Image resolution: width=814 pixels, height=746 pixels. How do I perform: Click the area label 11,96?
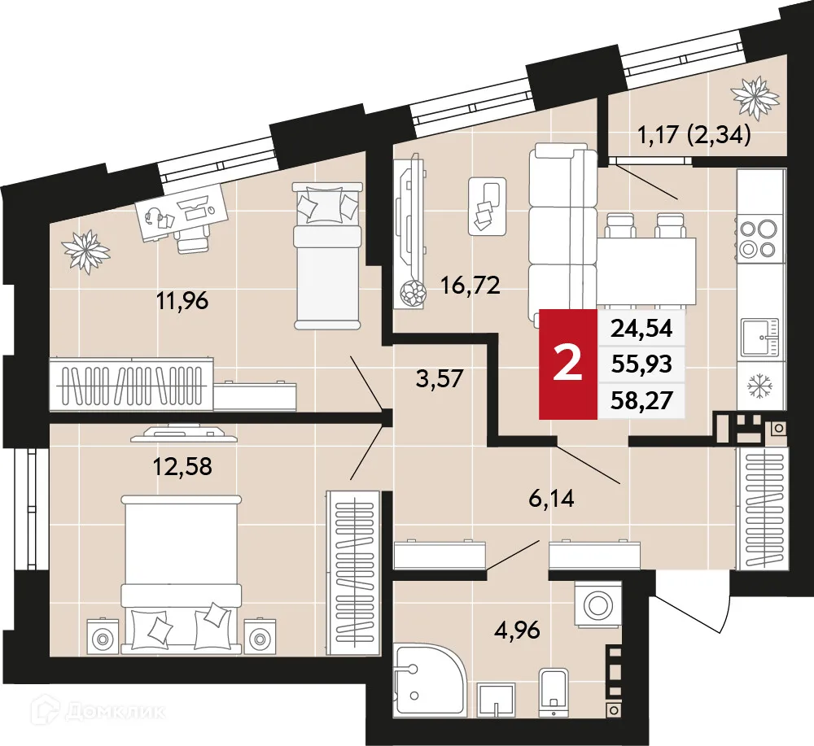(x=183, y=302)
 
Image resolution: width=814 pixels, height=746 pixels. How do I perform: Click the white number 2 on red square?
(x=567, y=363)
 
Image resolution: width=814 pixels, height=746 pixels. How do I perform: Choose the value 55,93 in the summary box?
(x=641, y=364)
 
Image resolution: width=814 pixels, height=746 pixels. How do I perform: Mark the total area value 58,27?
(x=641, y=400)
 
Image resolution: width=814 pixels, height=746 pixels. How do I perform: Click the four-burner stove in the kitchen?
(x=759, y=238)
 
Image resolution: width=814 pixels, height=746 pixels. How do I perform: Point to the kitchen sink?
(x=759, y=337)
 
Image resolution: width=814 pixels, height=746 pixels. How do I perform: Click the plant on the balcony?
(x=755, y=95)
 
